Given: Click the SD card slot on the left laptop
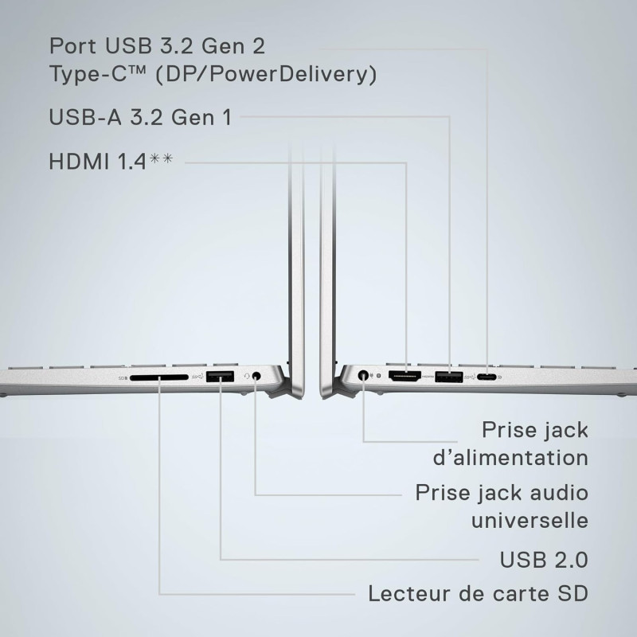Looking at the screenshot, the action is point(159,377).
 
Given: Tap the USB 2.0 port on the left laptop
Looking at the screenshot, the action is point(220,377).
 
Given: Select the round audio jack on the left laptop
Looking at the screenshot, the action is point(256,376).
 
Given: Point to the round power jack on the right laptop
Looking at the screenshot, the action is point(363,375).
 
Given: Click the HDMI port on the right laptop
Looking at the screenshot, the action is point(404,376).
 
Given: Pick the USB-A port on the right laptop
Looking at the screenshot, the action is point(449,377).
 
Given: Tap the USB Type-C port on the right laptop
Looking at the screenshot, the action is point(487,377).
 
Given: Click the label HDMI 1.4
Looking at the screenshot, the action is point(97,162).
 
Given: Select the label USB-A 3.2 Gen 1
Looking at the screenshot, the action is point(141,117).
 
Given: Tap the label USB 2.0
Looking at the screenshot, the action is point(544,560).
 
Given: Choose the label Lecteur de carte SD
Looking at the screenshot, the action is point(479,593).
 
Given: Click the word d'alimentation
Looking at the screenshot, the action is point(510,457).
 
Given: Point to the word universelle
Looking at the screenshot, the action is point(530,520).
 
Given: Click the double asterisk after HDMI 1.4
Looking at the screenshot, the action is point(161,158).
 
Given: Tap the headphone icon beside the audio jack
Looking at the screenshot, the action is point(247,377).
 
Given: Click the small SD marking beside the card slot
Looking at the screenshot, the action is point(123,378).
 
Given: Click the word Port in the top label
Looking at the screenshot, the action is point(72,45).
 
